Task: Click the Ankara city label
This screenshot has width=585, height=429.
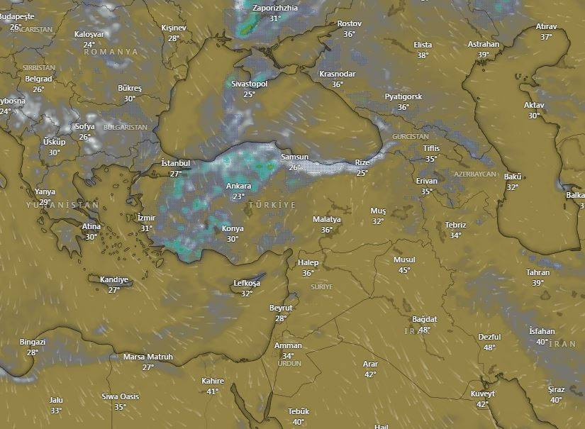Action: pos(238,186)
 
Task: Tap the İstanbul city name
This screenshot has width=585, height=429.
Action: pos(176,163)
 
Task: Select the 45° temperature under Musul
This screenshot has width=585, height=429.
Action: pos(404,270)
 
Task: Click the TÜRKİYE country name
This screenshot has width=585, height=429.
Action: pos(272,205)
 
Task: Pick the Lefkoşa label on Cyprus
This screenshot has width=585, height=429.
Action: pos(247,284)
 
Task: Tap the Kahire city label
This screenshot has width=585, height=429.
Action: pos(213,381)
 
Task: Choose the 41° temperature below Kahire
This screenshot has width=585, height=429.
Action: pos(213,391)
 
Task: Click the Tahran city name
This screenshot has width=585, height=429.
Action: pos(538,273)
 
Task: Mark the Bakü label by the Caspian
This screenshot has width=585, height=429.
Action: pos(512,177)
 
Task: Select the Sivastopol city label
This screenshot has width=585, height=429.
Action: pos(249,84)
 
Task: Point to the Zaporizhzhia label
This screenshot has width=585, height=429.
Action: pos(275,8)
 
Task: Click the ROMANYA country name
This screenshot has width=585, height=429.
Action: pos(118,52)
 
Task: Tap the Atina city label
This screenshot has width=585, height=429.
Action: pos(91,227)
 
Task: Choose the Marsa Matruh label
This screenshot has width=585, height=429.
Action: pos(147,357)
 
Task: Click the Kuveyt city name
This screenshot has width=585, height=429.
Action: pos(483,394)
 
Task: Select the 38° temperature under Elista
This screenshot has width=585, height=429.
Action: pos(423,55)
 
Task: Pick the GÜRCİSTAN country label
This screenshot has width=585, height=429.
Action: pos(411,136)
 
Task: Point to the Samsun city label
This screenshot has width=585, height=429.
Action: pos(294,157)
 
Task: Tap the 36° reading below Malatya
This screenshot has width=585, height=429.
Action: pos(327,230)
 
